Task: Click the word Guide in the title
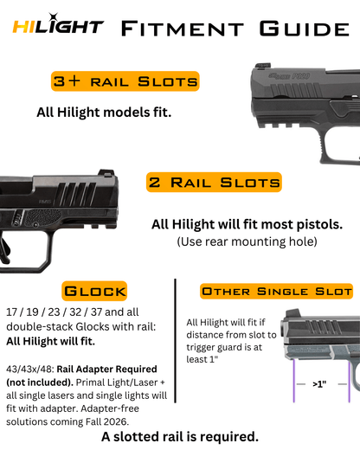click(305, 29)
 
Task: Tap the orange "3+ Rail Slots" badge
click(125, 81)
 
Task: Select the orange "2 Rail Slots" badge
click(214, 182)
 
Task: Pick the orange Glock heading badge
click(94, 291)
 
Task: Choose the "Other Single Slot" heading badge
click(276, 291)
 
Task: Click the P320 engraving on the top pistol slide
click(300, 76)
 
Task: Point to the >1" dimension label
click(319, 384)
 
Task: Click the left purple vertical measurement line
click(294, 380)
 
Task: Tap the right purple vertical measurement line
click(349, 382)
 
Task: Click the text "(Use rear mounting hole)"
click(247, 241)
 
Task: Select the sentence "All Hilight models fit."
click(104, 112)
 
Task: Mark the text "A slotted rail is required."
click(180, 437)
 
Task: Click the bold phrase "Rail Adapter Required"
click(106, 369)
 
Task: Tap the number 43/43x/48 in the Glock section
click(30, 370)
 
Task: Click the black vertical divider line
click(176, 341)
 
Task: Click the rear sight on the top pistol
click(263, 66)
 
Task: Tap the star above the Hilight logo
click(53, 17)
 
